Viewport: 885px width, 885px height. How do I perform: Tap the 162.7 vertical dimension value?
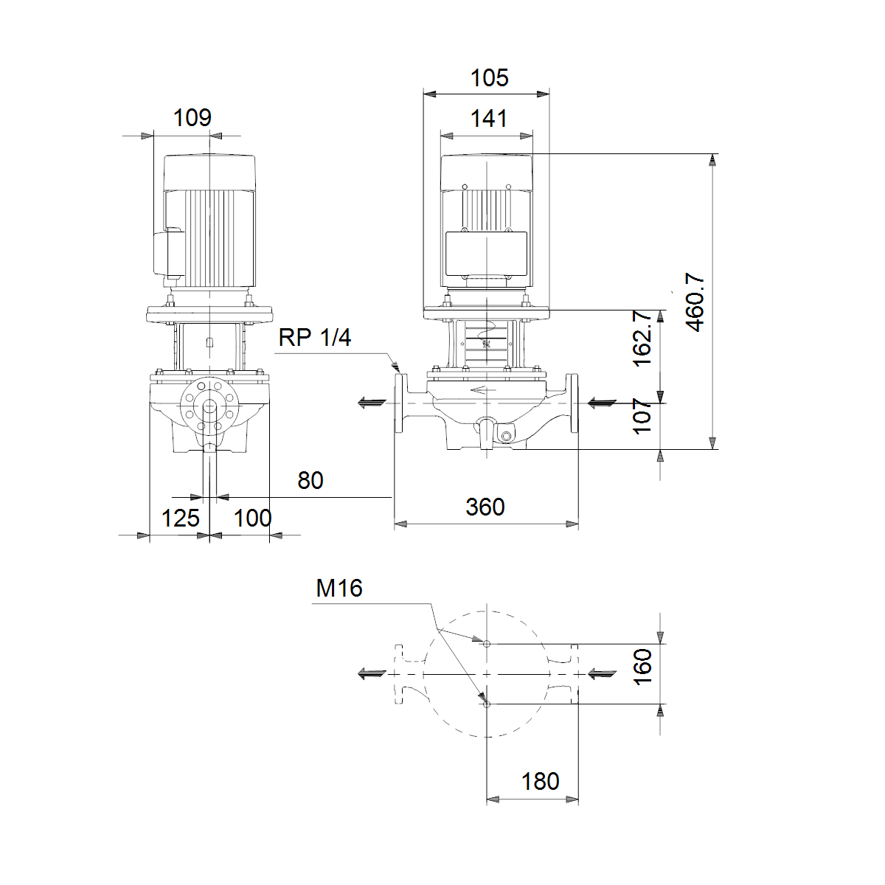[x=642, y=338]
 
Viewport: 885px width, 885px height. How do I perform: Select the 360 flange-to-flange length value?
[x=485, y=507]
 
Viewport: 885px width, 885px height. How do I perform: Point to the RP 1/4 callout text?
[x=315, y=338]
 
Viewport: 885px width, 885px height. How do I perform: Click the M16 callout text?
[x=339, y=589]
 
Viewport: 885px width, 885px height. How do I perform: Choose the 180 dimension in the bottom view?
[x=540, y=781]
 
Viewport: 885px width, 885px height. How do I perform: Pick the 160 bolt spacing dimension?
[x=642, y=667]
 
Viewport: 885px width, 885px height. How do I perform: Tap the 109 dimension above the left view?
[x=192, y=118]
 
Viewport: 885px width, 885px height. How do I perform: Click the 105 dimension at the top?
[x=490, y=78]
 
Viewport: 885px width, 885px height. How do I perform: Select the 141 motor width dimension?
[x=489, y=119]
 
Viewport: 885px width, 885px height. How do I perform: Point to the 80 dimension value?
[x=310, y=480]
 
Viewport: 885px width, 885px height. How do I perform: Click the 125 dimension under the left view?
[x=181, y=518]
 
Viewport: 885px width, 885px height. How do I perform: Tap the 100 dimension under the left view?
[x=253, y=518]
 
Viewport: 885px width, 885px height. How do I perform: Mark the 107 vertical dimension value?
[x=642, y=416]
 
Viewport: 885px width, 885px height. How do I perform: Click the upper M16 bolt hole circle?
[x=487, y=644]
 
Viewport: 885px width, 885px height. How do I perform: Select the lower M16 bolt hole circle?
[x=487, y=704]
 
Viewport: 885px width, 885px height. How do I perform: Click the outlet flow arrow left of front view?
[x=372, y=403]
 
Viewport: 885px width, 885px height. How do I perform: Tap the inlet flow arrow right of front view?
[x=602, y=403]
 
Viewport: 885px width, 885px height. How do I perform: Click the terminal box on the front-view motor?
[x=486, y=254]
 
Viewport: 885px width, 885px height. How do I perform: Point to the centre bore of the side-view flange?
[x=210, y=407]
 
